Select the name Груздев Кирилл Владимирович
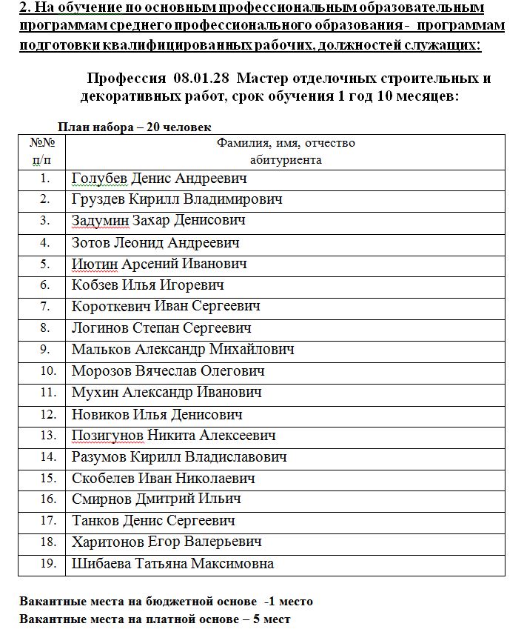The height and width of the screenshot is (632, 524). [x=177, y=199]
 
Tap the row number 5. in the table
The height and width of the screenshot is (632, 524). [x=44, y=264]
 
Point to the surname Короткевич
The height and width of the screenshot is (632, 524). [x=111, y=306]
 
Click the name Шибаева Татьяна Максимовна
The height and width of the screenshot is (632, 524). [x=172, y=563]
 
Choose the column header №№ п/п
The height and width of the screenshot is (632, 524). [x=41, y=150]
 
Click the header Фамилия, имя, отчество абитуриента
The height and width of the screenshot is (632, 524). [x=286, y=150]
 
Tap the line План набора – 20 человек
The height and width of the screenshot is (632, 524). [x=135, y=127]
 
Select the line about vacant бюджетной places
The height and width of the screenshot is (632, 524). [x=167, y=601]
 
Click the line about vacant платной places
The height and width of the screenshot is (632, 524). [x=155, y=619]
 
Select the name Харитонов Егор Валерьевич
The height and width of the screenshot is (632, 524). [x=167, y=542]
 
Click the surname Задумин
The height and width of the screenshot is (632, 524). [x=100, y=221]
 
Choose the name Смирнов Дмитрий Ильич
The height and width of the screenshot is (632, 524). [x=156, y=499]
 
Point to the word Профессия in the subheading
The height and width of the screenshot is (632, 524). [x=127, y=79]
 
